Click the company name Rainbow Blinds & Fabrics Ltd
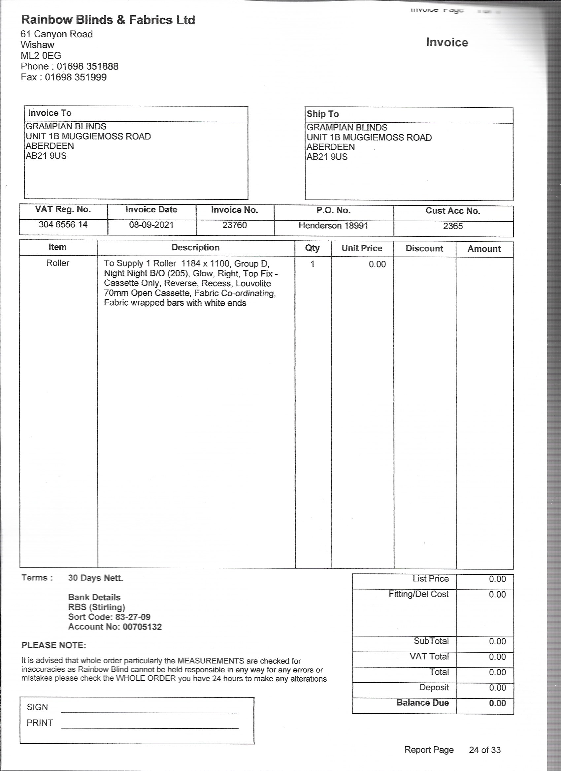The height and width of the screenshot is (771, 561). [108, 20]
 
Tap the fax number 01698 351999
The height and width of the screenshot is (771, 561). [76, 77]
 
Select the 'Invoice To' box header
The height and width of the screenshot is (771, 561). [50, 113]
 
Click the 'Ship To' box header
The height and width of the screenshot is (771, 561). [322, 114]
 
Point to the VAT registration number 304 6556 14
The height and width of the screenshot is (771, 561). [63, 224]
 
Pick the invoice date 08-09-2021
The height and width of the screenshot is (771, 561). [151, 225]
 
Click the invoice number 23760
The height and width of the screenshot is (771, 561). [234, 225]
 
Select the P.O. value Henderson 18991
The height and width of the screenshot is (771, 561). [333, 225]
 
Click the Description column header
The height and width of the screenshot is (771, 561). [195, 247]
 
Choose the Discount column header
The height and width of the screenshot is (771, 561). [424, 249]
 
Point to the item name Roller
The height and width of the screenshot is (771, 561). [57, 263]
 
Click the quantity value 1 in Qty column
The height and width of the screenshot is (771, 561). [312, 264]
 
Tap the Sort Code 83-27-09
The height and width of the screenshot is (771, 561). [131, 617]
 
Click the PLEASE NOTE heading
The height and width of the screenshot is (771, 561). [54, 645]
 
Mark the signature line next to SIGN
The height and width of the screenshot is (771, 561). [150, 711]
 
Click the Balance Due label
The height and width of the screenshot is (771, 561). [422, 703]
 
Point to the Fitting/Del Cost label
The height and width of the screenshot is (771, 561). [418, 594]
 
